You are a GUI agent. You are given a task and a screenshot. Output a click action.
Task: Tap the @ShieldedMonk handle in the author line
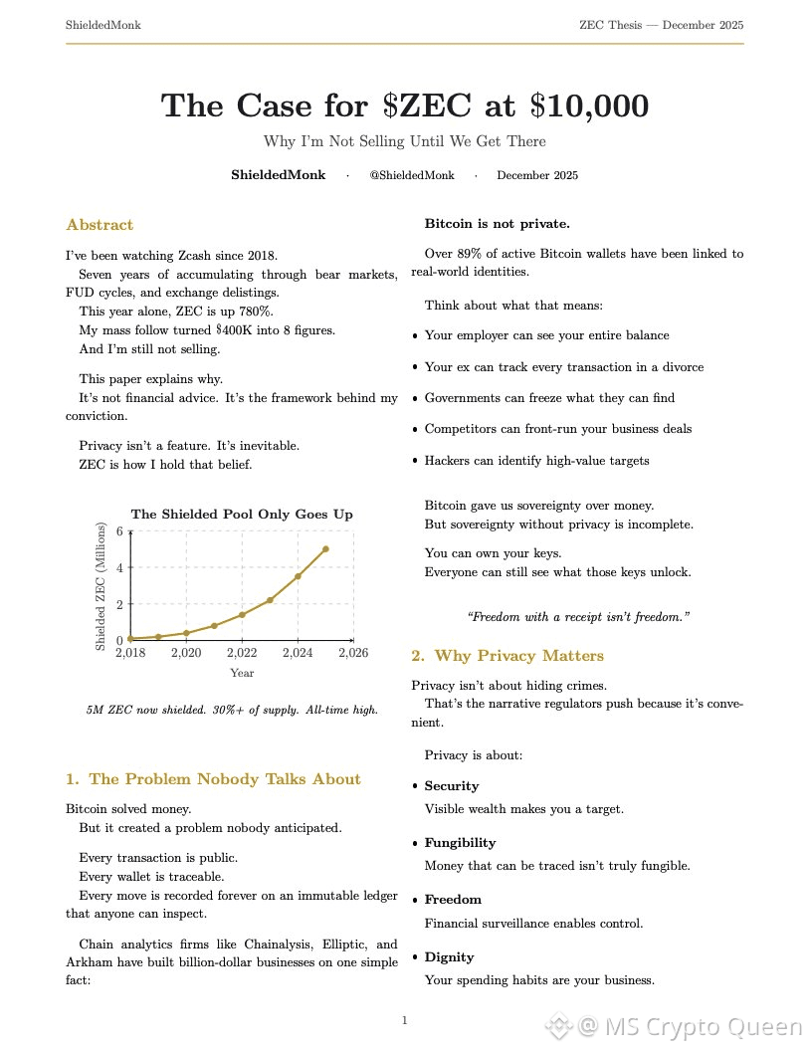point(411,175)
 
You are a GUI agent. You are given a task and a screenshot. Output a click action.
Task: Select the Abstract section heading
point(100,225)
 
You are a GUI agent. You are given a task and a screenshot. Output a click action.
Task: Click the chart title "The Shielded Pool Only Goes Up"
point(242,515)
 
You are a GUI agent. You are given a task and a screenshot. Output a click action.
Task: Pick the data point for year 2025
point(325,549)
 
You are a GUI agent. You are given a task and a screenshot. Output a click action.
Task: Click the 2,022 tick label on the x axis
point(242,653)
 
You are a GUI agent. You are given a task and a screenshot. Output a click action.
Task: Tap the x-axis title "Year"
point(242,673)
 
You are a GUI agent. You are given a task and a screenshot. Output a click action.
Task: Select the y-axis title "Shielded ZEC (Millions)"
point(101,587)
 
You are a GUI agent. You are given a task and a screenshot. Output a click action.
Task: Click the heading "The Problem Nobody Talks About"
point(225,779)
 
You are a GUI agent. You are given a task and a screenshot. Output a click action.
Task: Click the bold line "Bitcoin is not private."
point(497,223)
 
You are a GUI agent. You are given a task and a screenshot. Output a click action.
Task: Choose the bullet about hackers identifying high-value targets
point(536,461)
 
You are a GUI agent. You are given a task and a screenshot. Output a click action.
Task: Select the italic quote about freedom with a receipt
point(578,617)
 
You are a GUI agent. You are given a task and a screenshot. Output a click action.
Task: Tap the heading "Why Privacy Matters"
point(518,656)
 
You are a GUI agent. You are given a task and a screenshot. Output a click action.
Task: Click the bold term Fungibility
point(460,843)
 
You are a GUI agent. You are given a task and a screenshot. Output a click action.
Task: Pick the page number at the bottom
point(405,1020)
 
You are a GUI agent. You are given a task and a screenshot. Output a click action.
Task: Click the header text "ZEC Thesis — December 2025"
point(661,24)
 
